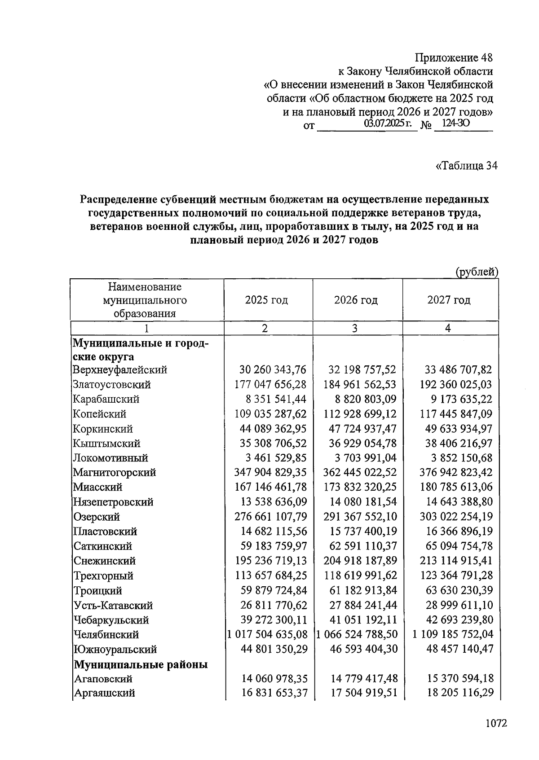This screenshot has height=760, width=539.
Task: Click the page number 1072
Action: click(496, 723)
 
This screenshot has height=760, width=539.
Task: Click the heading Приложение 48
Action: click(454, 58)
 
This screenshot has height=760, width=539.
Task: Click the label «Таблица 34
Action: click(467, 166)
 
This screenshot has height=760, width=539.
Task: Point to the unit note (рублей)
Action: click(477, 272)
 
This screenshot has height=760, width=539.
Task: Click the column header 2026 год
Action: click(356, 300)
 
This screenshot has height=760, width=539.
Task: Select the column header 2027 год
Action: click(449, 300)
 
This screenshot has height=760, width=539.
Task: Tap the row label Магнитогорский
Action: click(115, 472)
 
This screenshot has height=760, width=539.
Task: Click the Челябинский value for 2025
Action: click(268, 634)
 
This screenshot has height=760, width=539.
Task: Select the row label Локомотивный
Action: click(110, 458)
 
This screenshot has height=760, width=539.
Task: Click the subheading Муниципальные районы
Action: click(141, 664)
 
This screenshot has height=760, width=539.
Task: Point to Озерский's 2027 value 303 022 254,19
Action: click(456, 516)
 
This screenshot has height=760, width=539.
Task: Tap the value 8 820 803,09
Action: click(361, 399)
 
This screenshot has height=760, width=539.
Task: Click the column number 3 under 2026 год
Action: click(355, 328)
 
